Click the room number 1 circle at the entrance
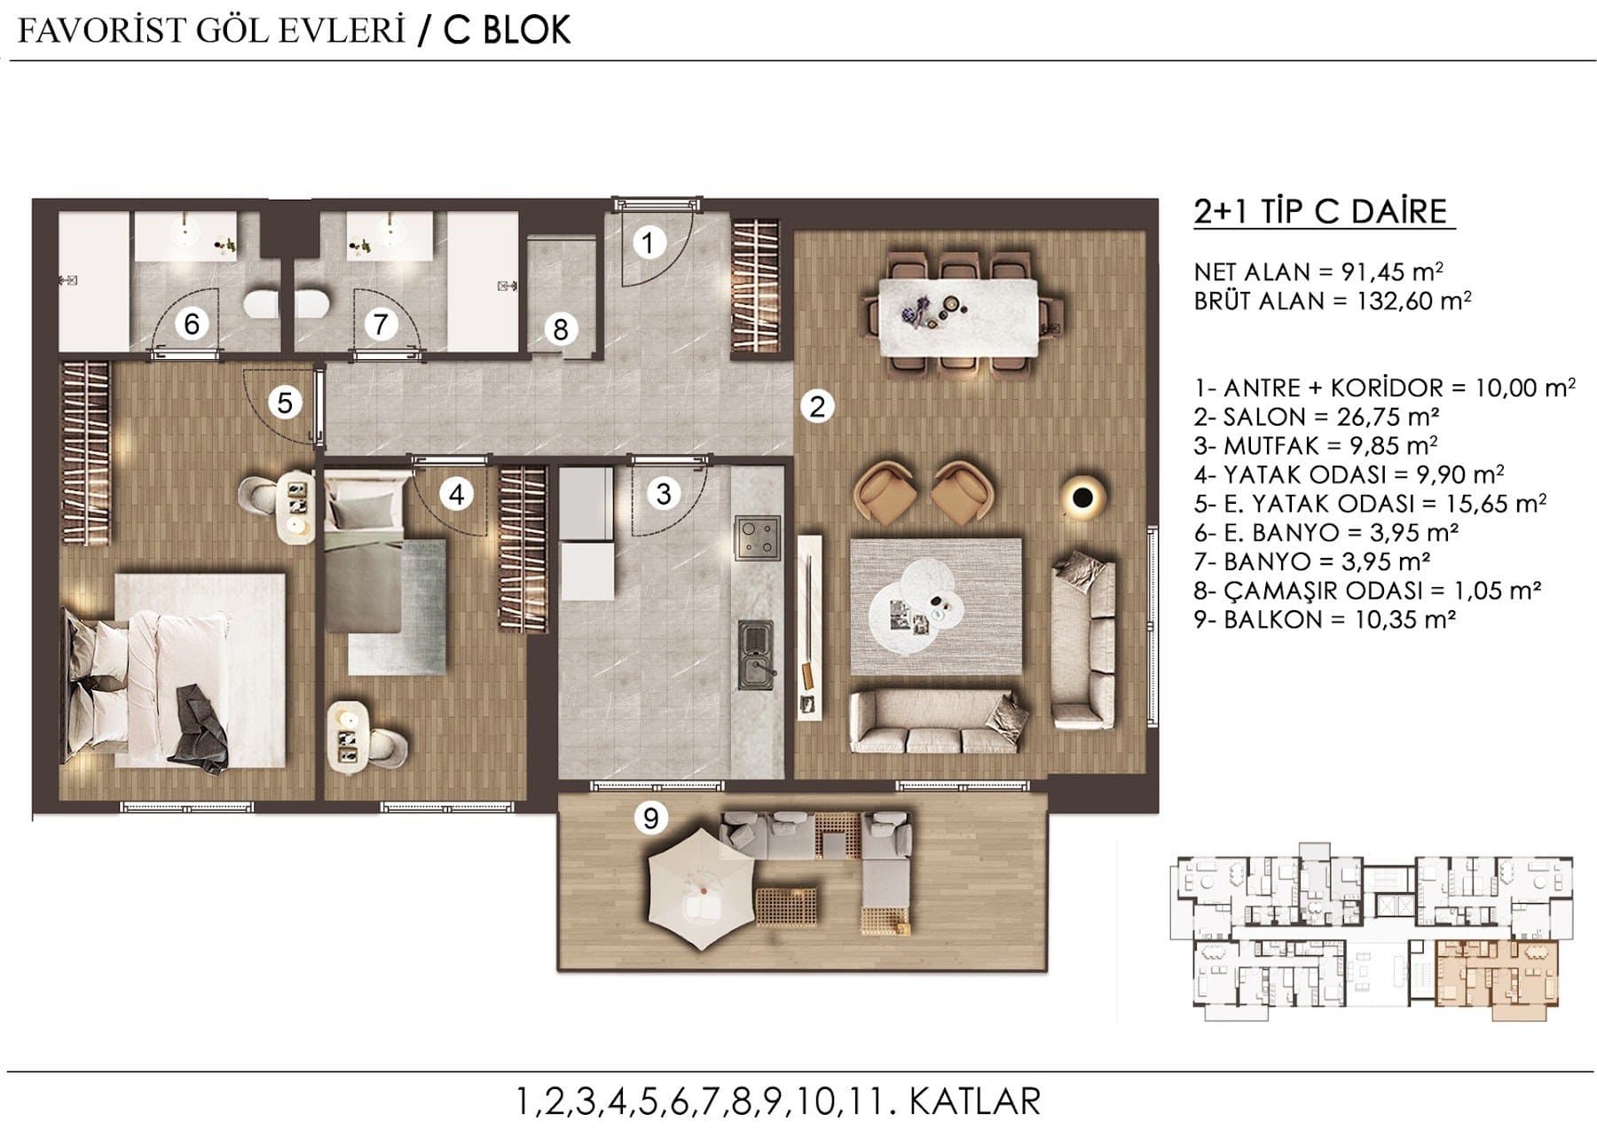(649, 242)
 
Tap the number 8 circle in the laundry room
(560, 329)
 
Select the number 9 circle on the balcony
(651, 818)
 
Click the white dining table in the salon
(957, 317)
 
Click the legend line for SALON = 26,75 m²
(1317, 417)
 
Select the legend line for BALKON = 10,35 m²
(1326, 619)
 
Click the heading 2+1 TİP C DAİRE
(1321, 213)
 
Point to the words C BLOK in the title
(507, 30)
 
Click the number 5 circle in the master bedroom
(285, 404)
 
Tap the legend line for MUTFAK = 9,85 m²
(1316, 445)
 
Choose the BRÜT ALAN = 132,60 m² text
(1333, 302)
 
